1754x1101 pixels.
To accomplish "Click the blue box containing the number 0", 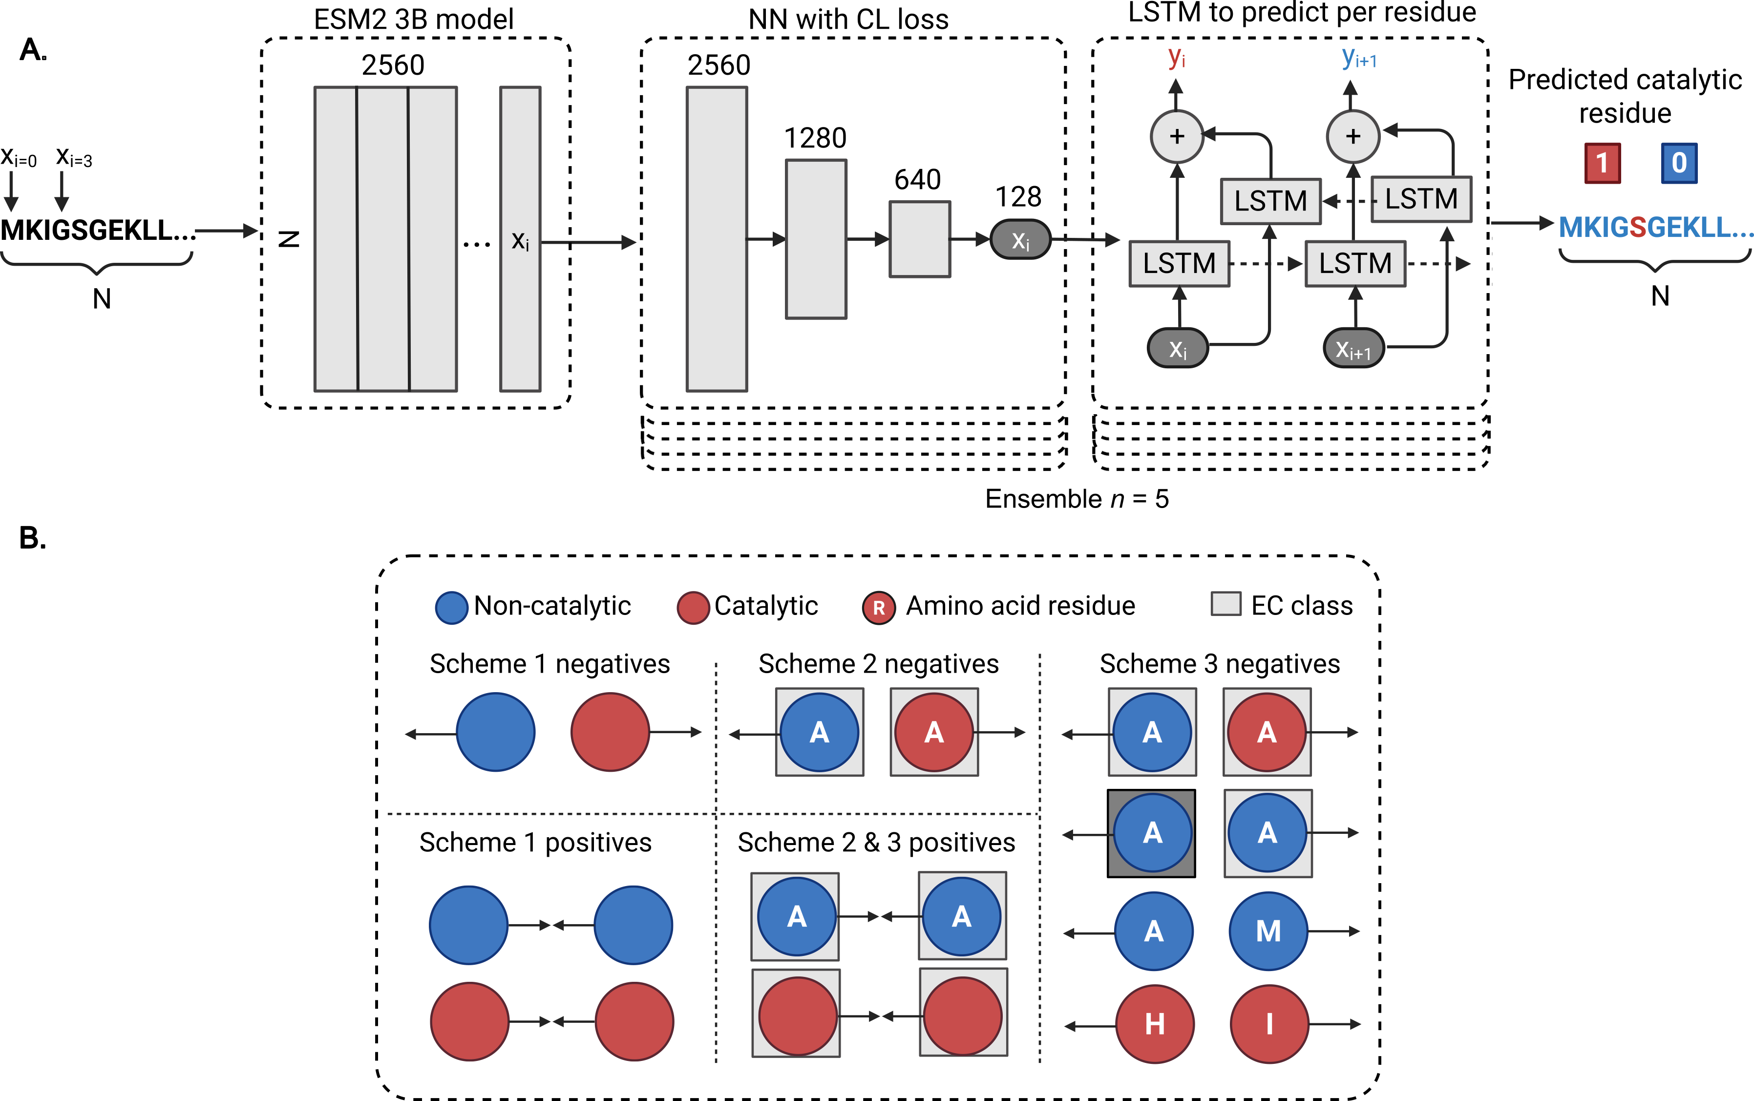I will pos(1678,163).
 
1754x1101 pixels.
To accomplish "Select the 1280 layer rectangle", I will pos(816,239).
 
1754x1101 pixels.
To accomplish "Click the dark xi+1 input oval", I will pos(1353,349).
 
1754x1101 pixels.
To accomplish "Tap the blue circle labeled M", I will pos(1268,932).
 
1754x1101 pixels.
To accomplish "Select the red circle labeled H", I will pos(1155,1024).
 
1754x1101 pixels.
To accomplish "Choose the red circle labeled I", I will pos(1269,1024).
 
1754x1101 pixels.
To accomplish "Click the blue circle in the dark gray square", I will pos(1152,832).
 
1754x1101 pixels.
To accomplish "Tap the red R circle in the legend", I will pos(879,607).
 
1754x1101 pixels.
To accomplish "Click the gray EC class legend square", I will pos(1226,604).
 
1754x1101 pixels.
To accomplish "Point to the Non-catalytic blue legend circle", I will pos(451,607).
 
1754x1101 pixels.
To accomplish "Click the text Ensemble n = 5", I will pos(1076,499).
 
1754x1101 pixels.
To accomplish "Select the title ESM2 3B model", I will pos(414,19).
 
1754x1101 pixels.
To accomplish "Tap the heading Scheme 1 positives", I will pos(535,843).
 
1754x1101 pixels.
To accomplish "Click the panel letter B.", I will pos(32,538).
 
